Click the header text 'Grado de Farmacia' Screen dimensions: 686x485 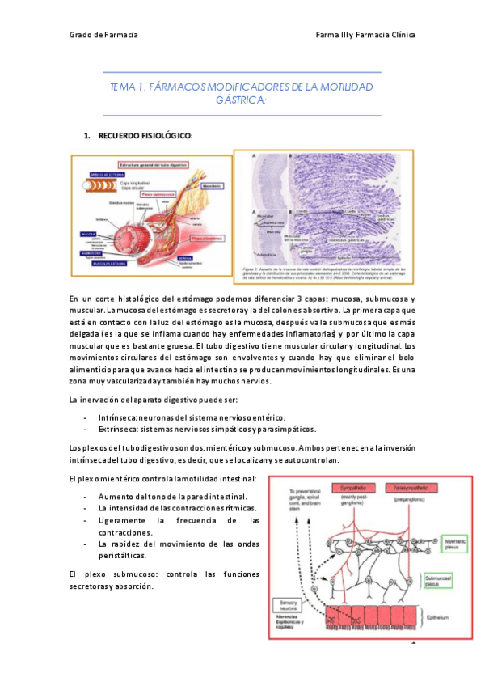(x=103, y=36)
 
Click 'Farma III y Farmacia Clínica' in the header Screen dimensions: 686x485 (x=368, y=36)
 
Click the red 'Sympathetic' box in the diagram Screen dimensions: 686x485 (x=334, y=489)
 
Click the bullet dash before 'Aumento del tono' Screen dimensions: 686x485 (x=86, y=496)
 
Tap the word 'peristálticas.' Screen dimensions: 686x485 (x=122, y=556)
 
